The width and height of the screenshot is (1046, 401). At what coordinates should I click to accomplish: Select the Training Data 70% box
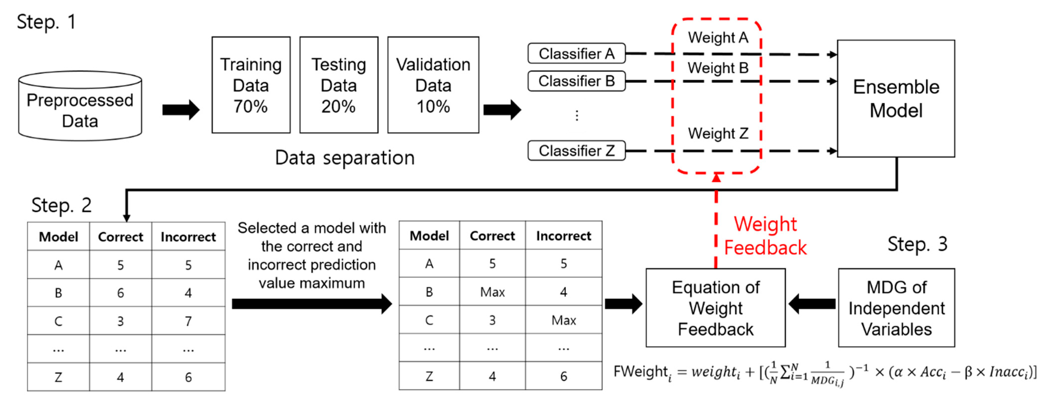251,85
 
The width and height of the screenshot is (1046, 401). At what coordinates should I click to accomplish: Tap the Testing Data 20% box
339,85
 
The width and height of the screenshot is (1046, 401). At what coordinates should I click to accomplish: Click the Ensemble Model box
896,99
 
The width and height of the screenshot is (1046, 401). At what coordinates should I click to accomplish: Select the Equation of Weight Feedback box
715,308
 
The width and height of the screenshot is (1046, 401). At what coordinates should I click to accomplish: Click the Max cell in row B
492,292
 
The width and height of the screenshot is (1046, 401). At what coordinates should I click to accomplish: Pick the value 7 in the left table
188,321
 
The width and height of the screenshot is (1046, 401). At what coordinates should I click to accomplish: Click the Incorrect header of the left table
188,237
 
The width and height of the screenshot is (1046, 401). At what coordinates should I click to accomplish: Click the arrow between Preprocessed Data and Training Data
181,110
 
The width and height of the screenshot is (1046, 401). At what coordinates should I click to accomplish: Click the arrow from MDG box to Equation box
812,304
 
